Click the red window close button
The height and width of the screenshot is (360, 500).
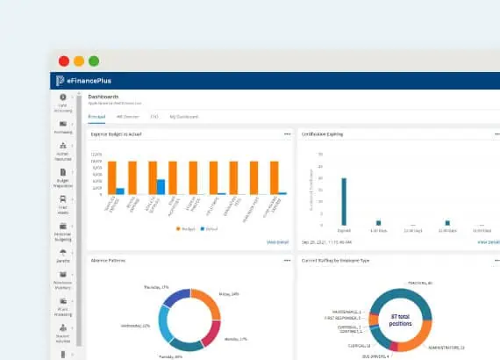click(64, 61)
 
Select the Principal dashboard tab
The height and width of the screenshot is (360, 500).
click(98, 116)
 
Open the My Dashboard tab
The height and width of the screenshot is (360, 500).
click(184, 116)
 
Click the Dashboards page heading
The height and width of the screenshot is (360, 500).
click(104, 97)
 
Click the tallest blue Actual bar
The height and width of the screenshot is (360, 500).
click(161, 186)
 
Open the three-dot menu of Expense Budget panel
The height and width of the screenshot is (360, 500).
click(287, 134)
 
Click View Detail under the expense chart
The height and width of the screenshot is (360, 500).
click(277, 241)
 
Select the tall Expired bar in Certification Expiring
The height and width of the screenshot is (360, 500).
click(344, 202)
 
